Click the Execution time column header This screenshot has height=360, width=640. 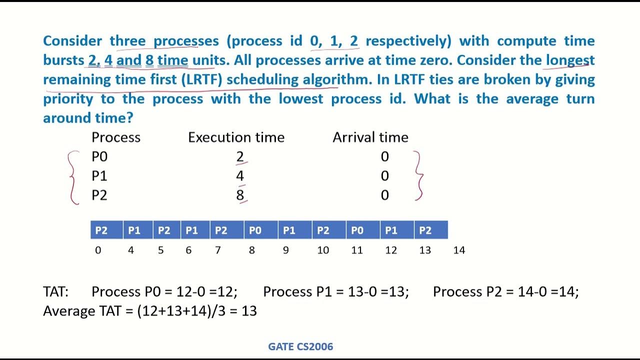pyautogui.click(x=236, y=137)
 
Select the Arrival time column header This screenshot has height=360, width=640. pyautogui.click(x=370, y=137)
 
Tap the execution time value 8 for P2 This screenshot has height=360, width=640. pyautogui.click(x=240, y=195)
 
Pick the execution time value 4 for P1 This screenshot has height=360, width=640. pyautogui.click(x=240, y=176)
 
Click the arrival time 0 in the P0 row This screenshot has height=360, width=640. pyautogui.click(x=384, y=157)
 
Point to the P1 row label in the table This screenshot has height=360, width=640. pyautogui.click(x=99, y=176)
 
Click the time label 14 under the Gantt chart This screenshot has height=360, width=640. pyautogui.click(x=459, y=250)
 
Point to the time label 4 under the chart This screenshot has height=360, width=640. pyautogui.click(x=131, y=250)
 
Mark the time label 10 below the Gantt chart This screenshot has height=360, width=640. pyautogui.click(x=323, y=250)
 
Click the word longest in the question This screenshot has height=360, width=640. pyautogui.click(x=570, y=60)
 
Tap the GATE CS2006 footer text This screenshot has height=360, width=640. pyautogui.click(x=300, y=346)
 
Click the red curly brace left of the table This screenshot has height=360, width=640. pyautogui.click(x=73, y=177)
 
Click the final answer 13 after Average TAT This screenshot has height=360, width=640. pyautogui.click(x=249, y=311)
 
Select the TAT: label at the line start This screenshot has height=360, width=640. pyautogui.click(x=55, y=291)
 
